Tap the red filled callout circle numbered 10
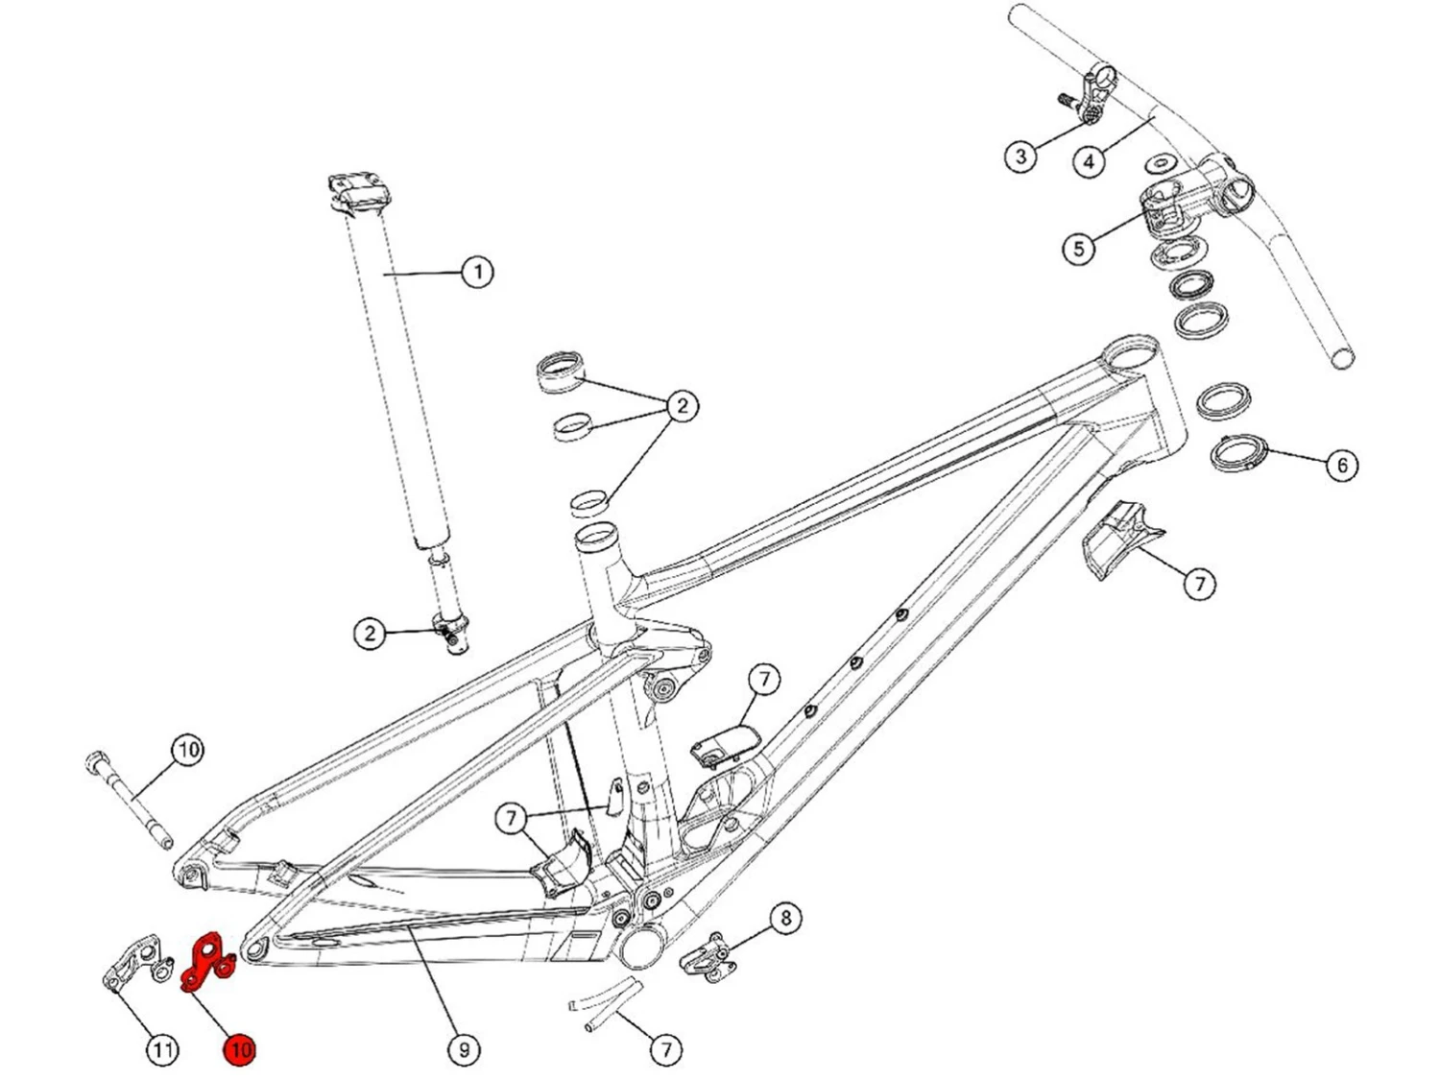pos(239,1049)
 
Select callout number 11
pos(162,1049)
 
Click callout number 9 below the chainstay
pos(464,1049)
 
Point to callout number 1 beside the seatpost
pos(477,272)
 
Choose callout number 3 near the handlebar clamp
pos(1020,156)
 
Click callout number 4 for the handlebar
pos(1088,161)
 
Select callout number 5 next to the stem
pos(1078,249)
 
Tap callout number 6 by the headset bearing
pos(1341,466)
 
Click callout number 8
pos(785,919)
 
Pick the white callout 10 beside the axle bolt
pos(187,749)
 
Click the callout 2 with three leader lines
pos(682,406)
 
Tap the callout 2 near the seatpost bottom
pos(370,634)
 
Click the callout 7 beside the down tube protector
pos(1199,583)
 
